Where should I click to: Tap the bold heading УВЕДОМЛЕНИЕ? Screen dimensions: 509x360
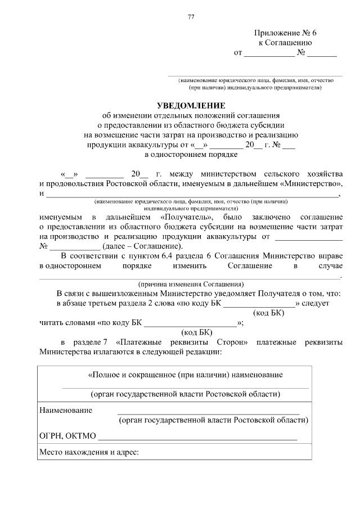[191, 105]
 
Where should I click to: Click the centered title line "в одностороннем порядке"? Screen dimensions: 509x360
[191, 154]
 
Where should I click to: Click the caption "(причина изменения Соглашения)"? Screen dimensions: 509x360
[191, 283]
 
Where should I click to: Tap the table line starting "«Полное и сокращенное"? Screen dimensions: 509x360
[186, 375]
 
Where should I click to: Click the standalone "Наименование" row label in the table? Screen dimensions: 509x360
[66, 410]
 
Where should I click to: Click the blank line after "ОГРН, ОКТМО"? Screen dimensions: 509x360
[197, 437]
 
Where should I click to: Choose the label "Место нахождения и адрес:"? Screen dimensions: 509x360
[89, 452]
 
